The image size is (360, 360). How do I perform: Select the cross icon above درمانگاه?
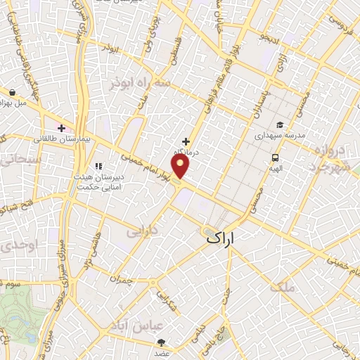(x=186, y=142)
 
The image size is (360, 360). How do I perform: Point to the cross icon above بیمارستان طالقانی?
(x=62, y=128)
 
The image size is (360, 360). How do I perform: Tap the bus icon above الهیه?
(x=275, y=158)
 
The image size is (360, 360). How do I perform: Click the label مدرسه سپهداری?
(x=279, y=134)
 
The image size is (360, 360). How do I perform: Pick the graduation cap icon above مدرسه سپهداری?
(x=280, y=124)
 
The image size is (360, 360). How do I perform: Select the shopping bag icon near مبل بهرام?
(x=13, y=91)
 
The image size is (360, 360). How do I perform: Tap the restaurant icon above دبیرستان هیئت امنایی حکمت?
(x=98, y=166)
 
